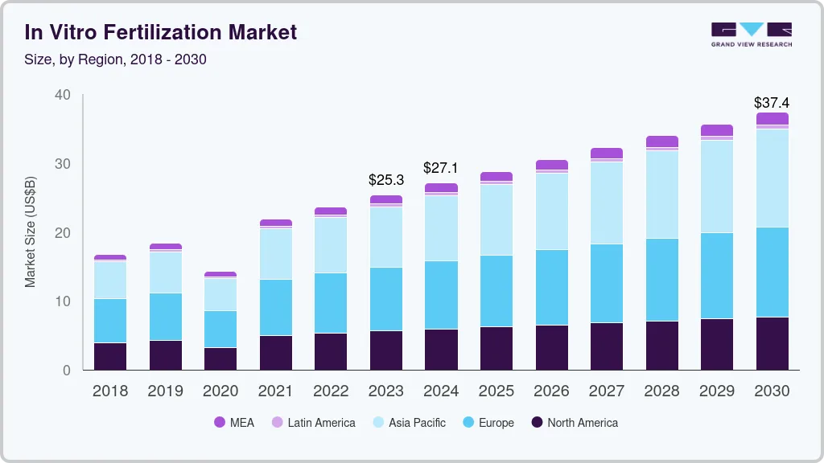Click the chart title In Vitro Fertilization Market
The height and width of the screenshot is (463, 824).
pos(160,32)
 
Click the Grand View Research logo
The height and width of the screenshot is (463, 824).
pos(751,35)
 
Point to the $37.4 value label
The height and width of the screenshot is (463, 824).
pos(771,103)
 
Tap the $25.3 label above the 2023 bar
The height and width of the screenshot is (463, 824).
pos(386,179)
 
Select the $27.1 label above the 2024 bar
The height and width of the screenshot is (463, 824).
pos(441,168)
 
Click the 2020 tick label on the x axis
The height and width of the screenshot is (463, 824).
pos(220,391)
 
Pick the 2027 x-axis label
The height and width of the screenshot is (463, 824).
pos(606,391)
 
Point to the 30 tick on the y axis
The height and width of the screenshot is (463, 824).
pos(62,164)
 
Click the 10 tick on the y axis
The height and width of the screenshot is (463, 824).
pos(62,301)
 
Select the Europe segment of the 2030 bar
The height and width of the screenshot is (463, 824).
pos(772,272)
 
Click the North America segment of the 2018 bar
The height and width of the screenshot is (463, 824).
pos(110,356)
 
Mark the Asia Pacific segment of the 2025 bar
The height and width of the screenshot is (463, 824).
pos(496,219)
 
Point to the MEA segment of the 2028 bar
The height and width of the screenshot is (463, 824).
pos(661,141)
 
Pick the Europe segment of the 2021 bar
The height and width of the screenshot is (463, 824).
pos(276,307)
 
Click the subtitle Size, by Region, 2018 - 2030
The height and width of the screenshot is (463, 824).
pos(115,59)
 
